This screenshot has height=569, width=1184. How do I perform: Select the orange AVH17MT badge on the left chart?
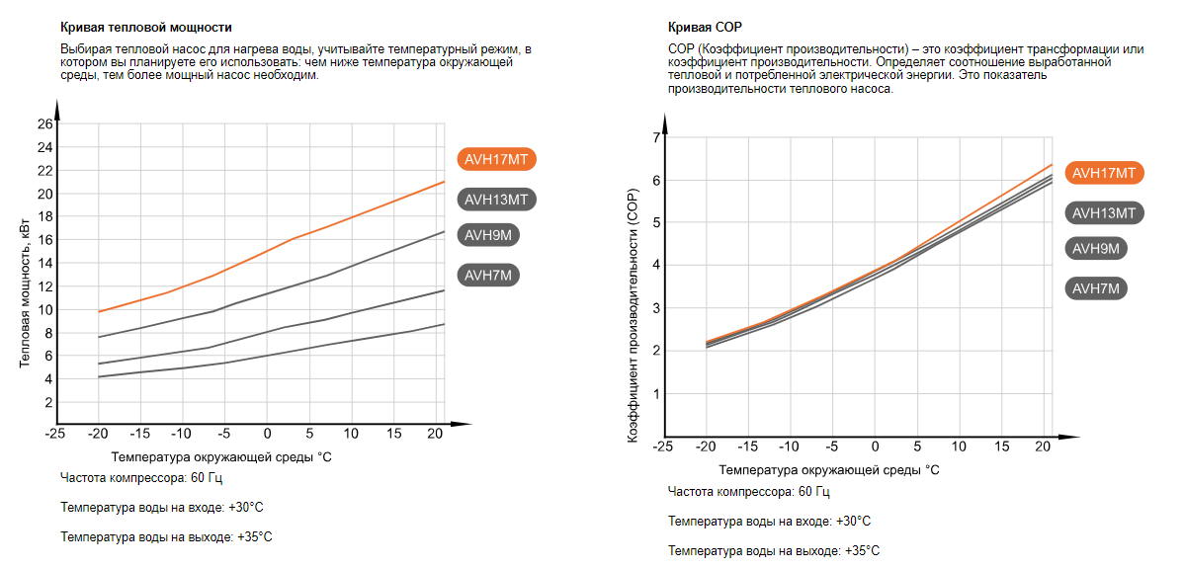[x=499, y=159]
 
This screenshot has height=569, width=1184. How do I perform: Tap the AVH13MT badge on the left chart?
[x=499, y=200]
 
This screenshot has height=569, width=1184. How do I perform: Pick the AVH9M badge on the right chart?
[x=1096, y=249]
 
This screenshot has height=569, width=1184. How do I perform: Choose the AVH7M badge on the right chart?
[x=1096, y=288]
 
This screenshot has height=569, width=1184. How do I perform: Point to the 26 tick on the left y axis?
[x=44, y=124]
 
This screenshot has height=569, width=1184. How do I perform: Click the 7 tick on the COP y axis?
[x=653, y=137]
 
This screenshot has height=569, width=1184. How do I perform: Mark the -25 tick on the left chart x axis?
[x=55, y=434]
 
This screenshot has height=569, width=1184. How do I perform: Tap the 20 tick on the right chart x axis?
[x=1042, y=447]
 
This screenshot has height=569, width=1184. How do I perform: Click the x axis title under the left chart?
[x=221, y=457]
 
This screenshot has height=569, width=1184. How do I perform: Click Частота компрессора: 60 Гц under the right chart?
[x=748, y=492]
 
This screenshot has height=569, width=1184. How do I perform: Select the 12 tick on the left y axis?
[x=44, y=286]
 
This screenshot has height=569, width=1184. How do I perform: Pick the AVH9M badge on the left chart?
[x=489, y=235]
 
